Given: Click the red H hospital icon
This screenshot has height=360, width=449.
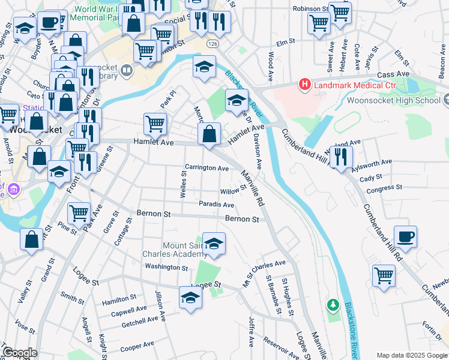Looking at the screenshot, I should [x=305, y=85].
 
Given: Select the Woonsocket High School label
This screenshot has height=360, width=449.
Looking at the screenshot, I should [x=393, y=100].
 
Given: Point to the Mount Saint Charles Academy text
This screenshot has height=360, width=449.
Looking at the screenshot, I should [x=185, y=250].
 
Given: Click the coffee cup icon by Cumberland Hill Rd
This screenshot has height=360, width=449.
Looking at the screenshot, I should [x=405, y=236].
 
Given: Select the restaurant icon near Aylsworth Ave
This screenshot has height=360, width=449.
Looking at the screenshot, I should [x=341, y=157].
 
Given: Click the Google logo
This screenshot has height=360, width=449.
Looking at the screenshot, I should [x=20, y=353].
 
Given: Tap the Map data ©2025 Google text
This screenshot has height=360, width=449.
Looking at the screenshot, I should [x=411, y=355].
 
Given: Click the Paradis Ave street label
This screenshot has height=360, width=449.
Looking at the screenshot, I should [x=216, y=205].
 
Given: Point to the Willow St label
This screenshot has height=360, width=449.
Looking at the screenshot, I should [x=234, y=190].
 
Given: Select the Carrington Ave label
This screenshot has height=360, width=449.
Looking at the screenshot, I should [x=206, y=168].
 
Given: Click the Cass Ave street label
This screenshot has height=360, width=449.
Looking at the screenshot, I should [x=393, y=74].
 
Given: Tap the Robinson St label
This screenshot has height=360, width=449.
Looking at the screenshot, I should [x=310, y=9].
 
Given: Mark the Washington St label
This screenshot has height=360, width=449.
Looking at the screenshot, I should [x=167, y=266].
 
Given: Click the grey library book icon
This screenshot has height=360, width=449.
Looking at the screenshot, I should [x=126, y=71].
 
